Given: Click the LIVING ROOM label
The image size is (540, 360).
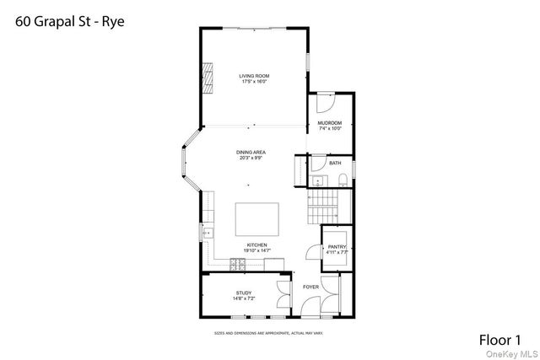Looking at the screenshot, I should pos(254,77).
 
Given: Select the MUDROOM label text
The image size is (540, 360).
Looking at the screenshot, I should pos(329,124).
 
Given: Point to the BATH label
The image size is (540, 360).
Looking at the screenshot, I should pos(335,163).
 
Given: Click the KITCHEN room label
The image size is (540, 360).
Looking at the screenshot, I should pos(256,245).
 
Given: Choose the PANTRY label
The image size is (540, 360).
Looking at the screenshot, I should pos(337,247).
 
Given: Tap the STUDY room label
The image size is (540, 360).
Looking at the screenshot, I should pos(244,293).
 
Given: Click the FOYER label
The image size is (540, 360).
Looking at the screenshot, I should pos(310,287).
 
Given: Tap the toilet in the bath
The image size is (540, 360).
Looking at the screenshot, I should pos(343,179).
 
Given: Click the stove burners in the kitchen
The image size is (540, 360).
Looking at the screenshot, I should pos(237,265).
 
